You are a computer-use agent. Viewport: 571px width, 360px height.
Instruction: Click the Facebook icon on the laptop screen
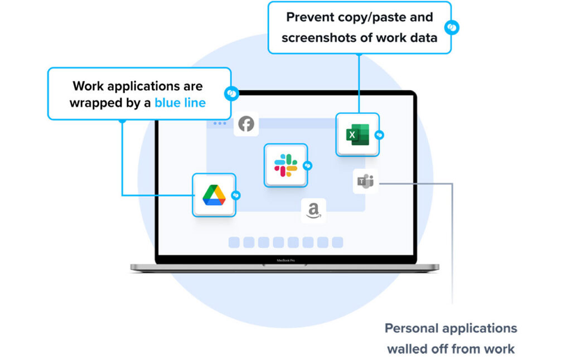246,124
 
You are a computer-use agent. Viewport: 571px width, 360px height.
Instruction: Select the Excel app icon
357,135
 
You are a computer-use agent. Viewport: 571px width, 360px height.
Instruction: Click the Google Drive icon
214,194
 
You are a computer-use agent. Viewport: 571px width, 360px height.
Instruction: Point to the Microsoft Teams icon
365,181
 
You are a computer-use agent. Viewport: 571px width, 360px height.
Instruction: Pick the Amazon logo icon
313,211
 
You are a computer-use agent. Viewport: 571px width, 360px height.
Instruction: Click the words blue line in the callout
180,103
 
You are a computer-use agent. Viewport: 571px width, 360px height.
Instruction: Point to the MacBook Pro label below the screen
285,260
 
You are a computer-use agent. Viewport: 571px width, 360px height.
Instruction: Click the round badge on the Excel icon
379,135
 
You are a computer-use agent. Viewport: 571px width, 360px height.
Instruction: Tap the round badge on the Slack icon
307,166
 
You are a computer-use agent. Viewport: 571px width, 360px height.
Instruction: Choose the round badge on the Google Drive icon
236,195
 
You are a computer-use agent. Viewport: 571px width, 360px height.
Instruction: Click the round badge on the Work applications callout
231,94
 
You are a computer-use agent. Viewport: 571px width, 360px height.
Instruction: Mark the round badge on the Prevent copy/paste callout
451,27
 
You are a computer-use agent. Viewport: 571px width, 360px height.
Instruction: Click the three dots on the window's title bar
220,123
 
